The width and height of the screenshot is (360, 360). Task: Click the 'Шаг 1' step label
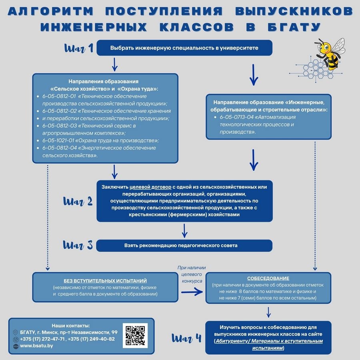coord(79,48)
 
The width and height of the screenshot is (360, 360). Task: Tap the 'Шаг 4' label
coord(186,338)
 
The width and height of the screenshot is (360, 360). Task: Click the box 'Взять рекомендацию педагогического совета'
coord(184,245)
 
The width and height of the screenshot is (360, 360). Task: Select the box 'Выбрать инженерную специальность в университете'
coord(184,48)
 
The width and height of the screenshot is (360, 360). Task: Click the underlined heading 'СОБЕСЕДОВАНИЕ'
coord(268,278)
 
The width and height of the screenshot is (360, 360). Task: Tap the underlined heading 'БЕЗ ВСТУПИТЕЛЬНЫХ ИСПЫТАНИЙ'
coord(105,281)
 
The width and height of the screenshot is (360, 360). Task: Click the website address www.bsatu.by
coord(36,346)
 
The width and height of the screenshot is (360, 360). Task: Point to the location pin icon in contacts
coord(16,332)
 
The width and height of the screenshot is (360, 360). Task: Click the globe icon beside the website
coord(16,346)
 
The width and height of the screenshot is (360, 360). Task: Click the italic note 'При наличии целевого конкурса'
coord(192,274)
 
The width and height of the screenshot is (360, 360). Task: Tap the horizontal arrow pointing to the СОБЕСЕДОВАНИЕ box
coord(192,292)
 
